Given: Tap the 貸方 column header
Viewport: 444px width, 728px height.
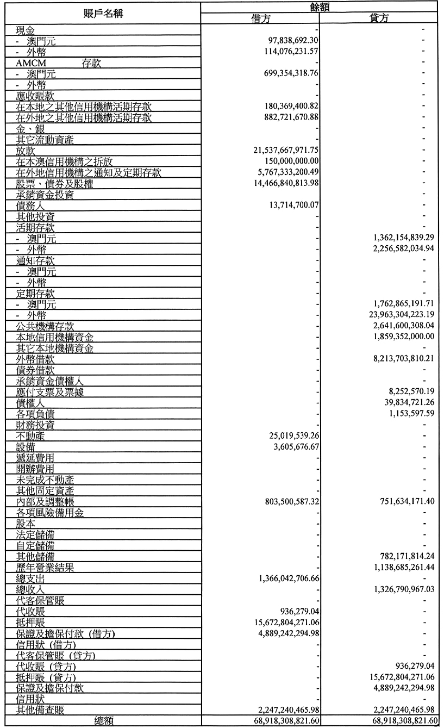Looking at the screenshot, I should [x=378, y=18].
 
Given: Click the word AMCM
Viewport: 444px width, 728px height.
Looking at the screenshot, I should [x=31, y=64].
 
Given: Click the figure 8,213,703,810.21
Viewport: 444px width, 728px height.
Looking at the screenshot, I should [x=399, y=359].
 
